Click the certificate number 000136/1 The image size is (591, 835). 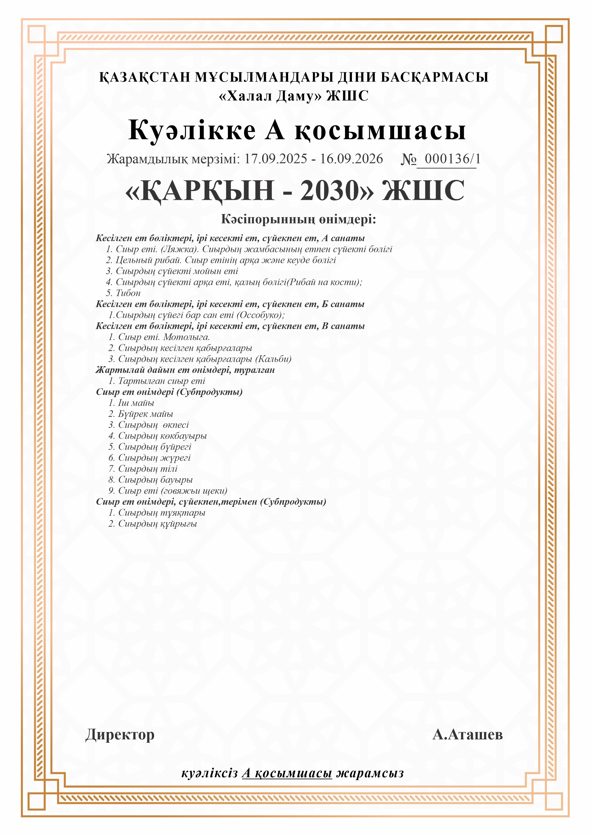click(452, 159)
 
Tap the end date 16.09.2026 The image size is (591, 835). click(351, 159)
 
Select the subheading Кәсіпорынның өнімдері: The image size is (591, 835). click(298, 219)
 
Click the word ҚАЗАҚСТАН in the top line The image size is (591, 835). click(145, 77)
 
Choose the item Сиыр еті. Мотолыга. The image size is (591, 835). click(164, 337)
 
